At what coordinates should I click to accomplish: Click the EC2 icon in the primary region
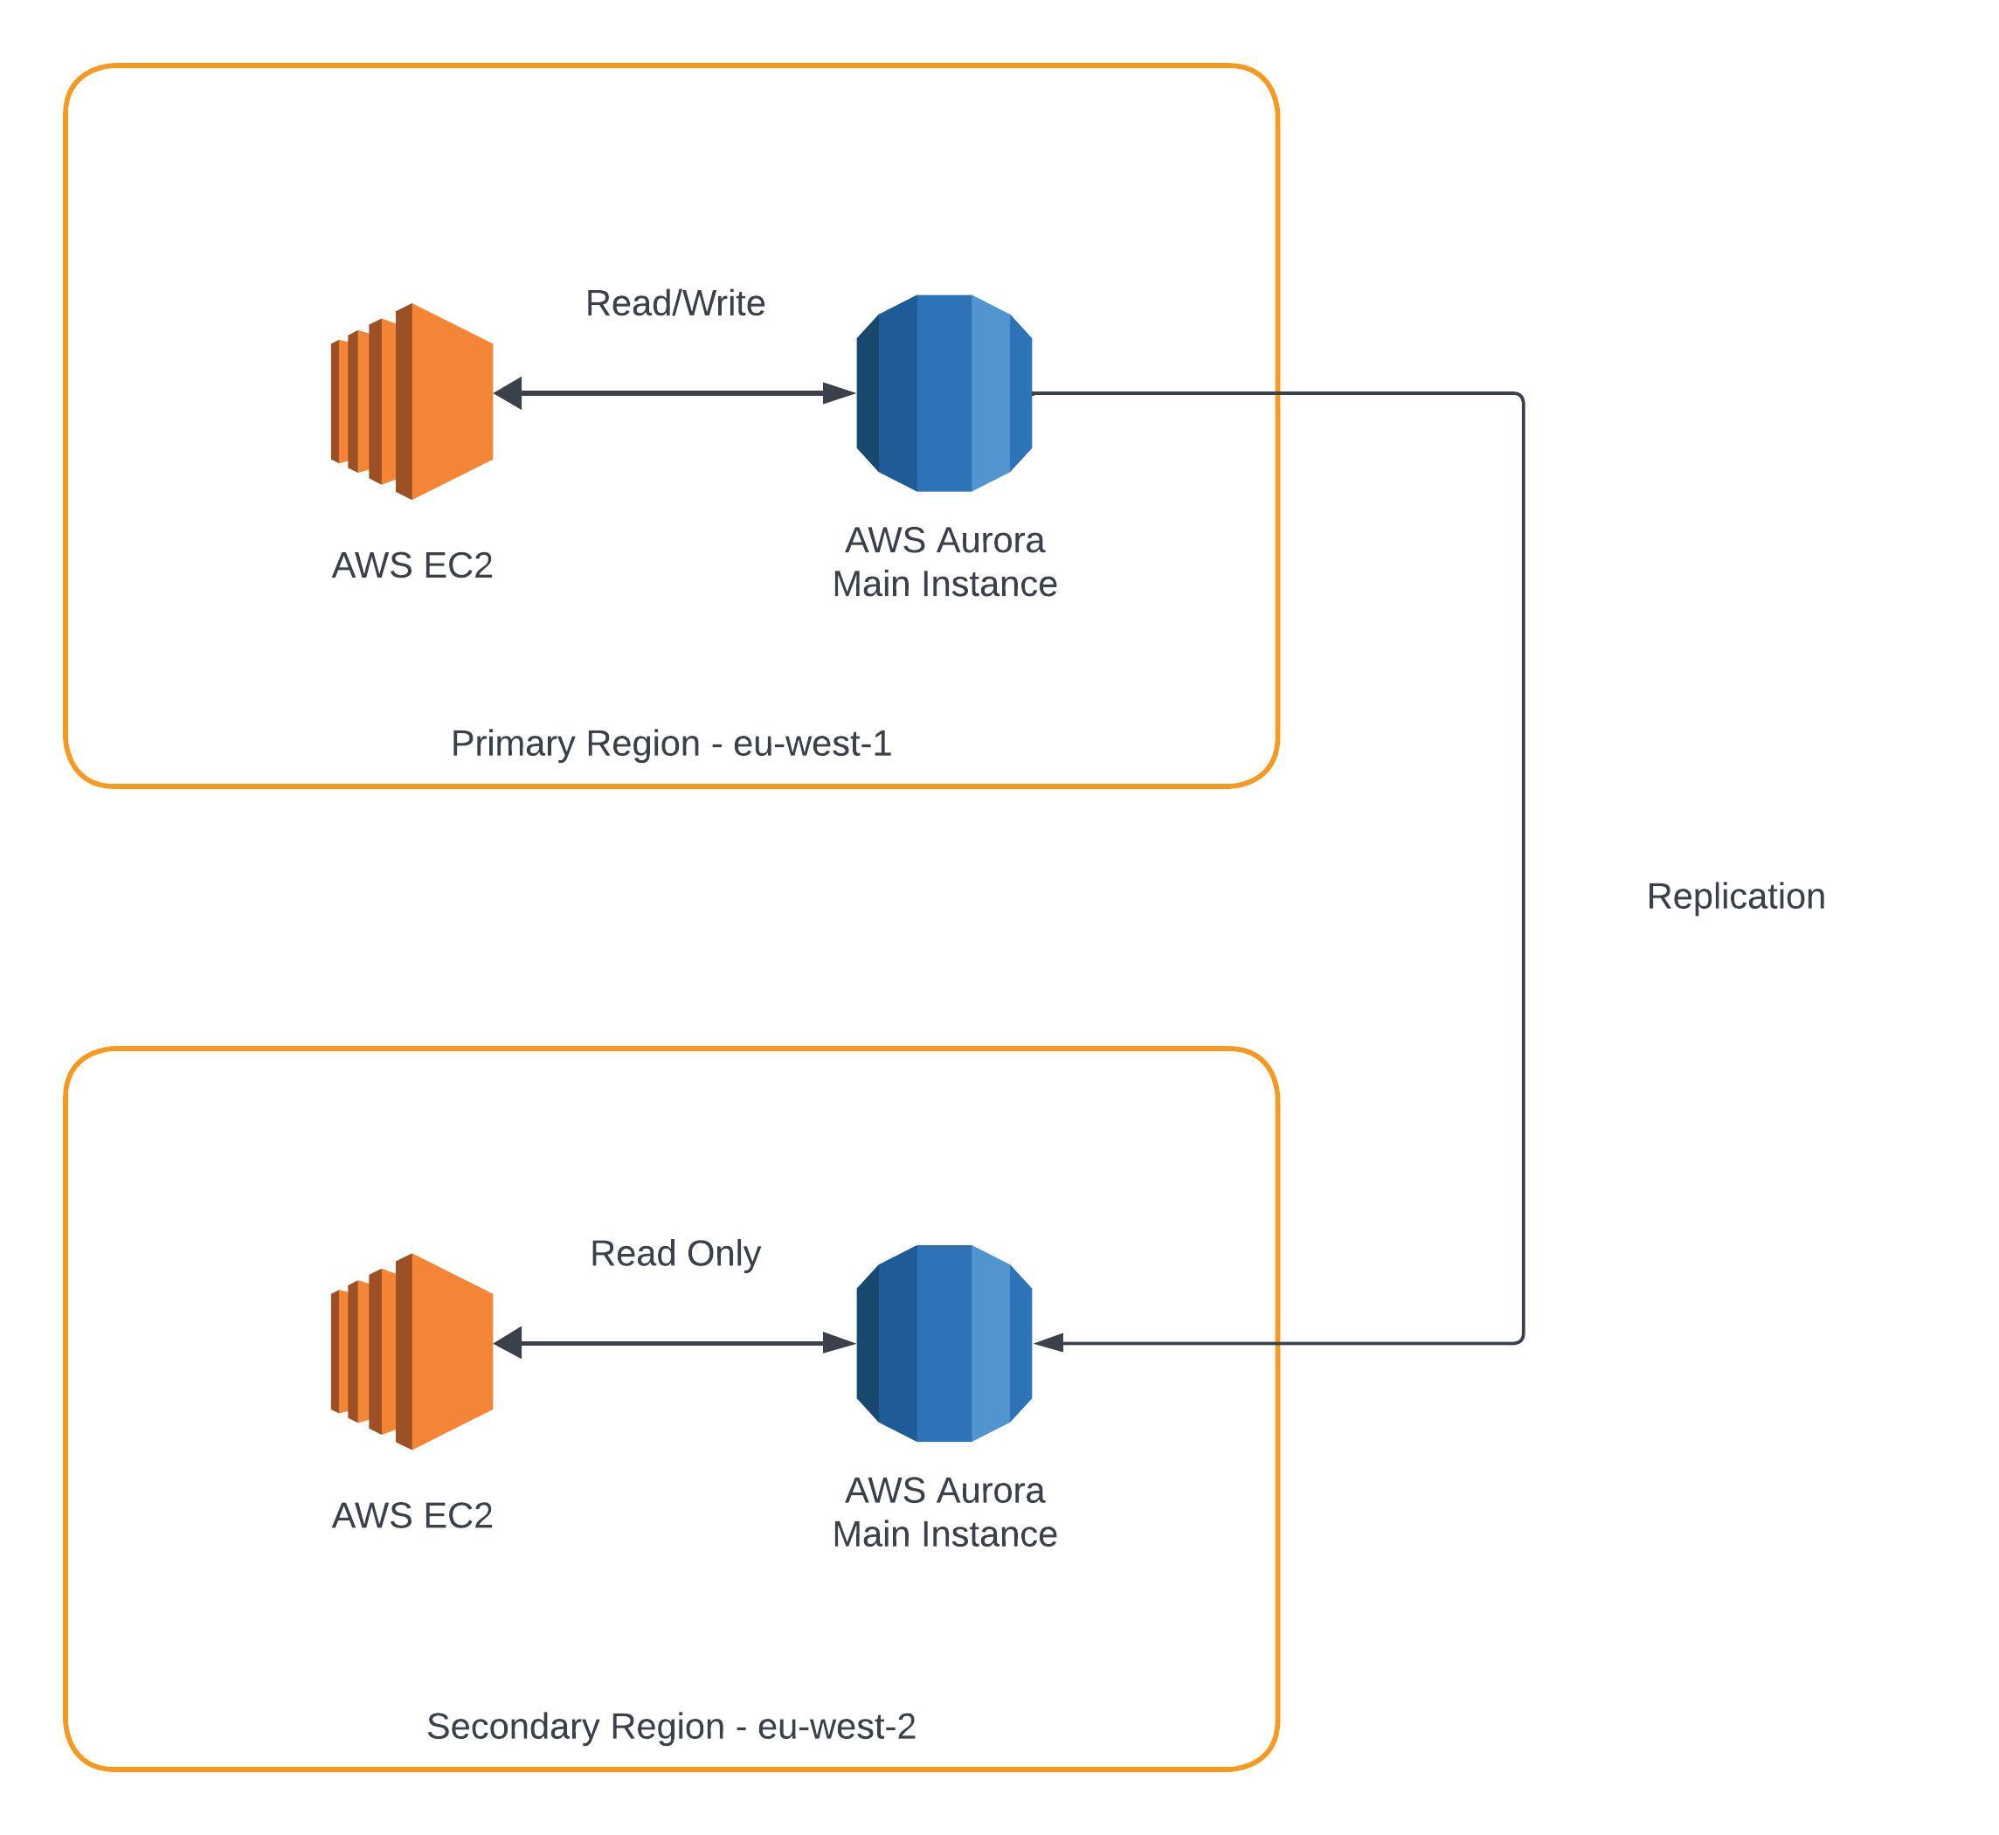pyautogui.click(x=412, y=401)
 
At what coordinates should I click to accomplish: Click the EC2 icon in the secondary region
pyautogui.click(x=412, y=1352)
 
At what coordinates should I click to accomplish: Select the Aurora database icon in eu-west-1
pyautogui.click(x=944, y=393)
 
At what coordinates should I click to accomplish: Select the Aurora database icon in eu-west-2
pyautogui.click(x=944, y=1344)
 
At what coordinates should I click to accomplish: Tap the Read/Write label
pyautogui.click(x=675, y=303)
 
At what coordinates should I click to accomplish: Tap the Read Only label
pyautogui.click(x=675, y=1253)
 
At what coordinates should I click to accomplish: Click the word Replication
pyautogui.click(x=1736, y=897)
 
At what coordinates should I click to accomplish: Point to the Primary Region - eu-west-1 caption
pyautogui.click(x=671, y=743)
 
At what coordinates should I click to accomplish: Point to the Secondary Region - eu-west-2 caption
pyautogui.click(x=671, y=1726)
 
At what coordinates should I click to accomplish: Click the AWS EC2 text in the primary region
pyautogui.click(x=412, y=565)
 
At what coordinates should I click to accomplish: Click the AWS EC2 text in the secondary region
pyautogui.click(x=412, y=1515)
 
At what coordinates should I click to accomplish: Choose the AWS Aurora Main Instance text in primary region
pyautogui.click(x=944, y=562)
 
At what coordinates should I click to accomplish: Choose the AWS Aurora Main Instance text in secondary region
pyautogui.click(x=944, y=1513)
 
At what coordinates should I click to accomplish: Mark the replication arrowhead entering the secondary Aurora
pyautogui.click(x=1048, y=1344)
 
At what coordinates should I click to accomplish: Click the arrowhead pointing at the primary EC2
pyautogui.click(x=508, y=393)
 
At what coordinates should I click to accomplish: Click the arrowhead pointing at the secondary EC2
pyautogui.click(x=508, y=1344)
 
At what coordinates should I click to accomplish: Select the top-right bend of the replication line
pyautogui.click(x=1521, y=396)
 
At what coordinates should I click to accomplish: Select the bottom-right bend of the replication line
pyautogui.click(x=1521, y=1340)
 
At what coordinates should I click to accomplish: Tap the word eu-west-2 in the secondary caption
pyautogui.click(x=837, y=1726)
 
